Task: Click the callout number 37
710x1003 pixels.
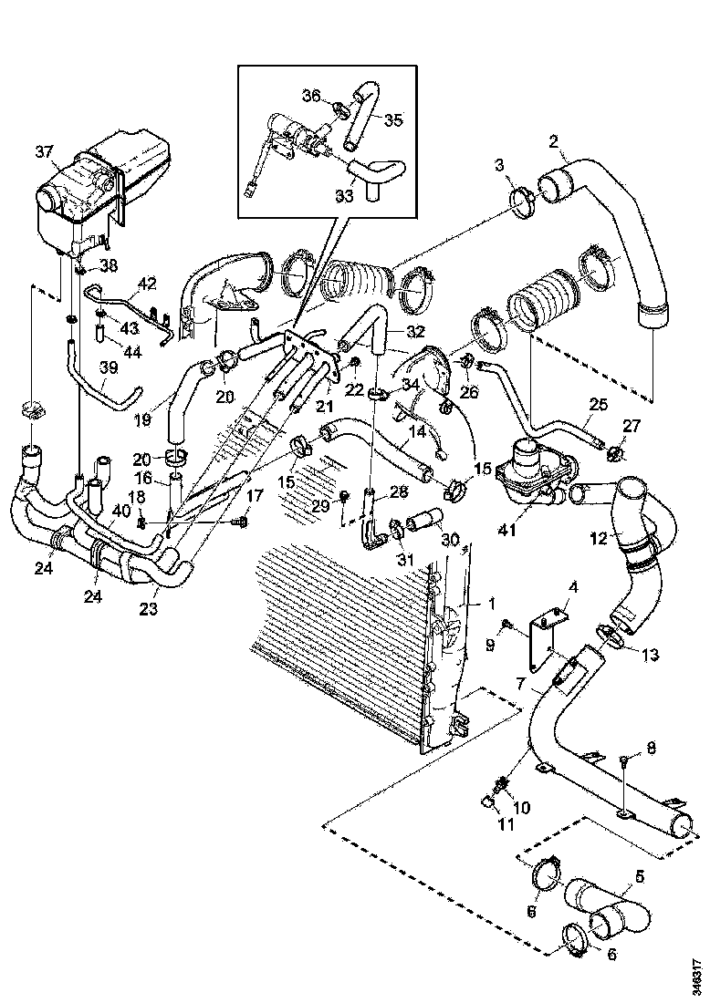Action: tap(45, 151)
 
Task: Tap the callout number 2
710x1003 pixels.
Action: tap(553, 141)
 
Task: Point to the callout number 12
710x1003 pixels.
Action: tap(599, 539)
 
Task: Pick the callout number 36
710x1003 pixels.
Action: tap(311, 95)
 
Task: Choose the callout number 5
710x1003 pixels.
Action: tap(639, 876)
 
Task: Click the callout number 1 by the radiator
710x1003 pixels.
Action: tap(466, 603)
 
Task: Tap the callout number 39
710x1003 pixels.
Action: tap(109, 367)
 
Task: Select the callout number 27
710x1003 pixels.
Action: tap(632, 427)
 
